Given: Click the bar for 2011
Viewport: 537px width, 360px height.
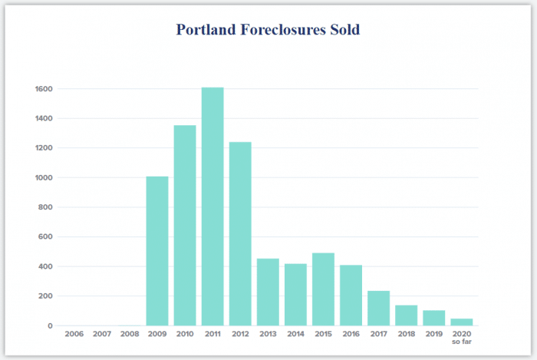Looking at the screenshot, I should click(212, 206).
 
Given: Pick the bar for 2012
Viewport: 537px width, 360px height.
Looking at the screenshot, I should click(240, 233).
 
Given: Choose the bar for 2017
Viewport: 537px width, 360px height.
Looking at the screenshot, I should click(378, 308).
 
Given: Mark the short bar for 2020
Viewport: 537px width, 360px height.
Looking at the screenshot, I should click(462, 322).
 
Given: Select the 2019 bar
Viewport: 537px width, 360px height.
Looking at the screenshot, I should click(433, 318).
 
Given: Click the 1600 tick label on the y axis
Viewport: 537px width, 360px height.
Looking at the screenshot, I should click(43, 89).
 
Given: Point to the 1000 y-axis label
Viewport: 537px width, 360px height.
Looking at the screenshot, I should click(43, 177).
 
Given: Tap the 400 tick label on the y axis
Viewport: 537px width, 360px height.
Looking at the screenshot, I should click(45, 266).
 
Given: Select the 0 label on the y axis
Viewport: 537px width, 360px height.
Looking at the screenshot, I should click(50, 325).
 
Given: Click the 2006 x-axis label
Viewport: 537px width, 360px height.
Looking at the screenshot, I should click(74, 335).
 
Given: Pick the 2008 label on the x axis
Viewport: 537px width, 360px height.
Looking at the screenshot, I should click(130, 335).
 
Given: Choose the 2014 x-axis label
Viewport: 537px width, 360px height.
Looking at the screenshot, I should click(295, 335).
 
